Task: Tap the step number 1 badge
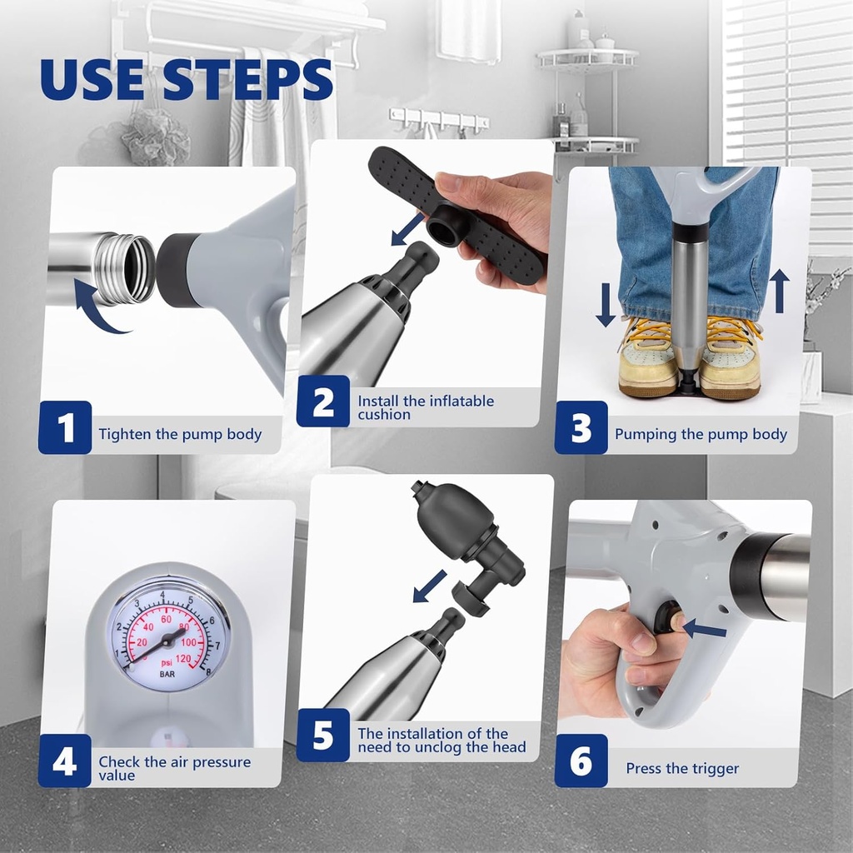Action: pyautogui.click(x=64, y=427)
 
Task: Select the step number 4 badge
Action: pyautogui.click(x=64, y=761)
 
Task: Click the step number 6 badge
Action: pyautogui.click(x=581, y=761)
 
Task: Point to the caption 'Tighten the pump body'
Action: pyautogui.click(x=180, y=434)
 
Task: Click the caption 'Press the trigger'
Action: pyautogui.click(x=682, y=768)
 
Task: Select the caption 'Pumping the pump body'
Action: pyautogui.click(x=701, y=434)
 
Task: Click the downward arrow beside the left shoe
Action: pyautogui.click(x=606, y=305)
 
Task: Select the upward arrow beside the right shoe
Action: pyautogui.click(x=779, y=292)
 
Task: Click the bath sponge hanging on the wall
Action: pyautogui.click(x=155, y=137)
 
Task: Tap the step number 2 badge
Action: pyautogui.click(x=322, y=401)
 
